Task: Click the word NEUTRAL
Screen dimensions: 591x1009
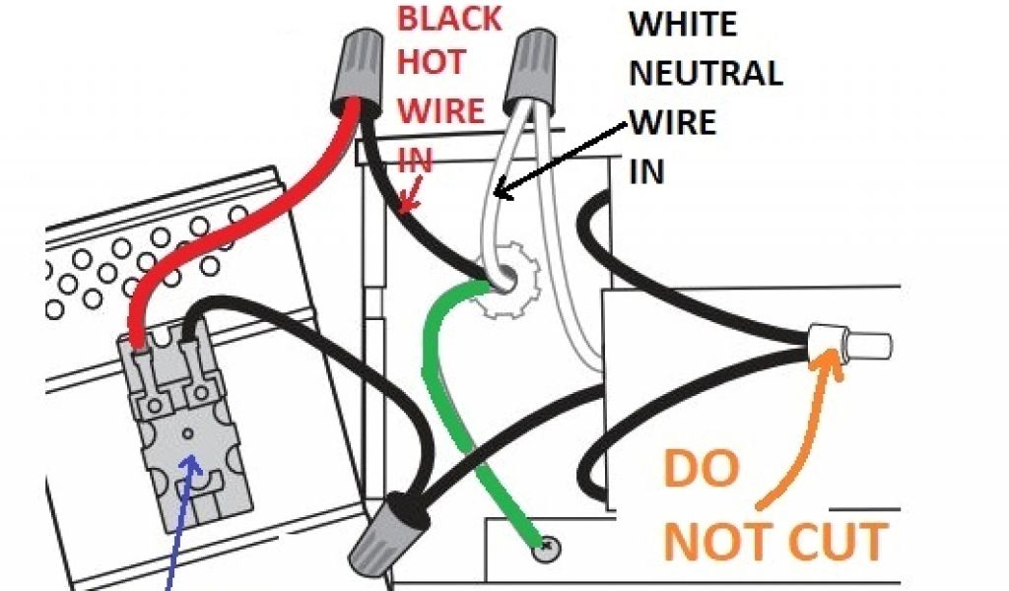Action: pyautogui.click(x=706, y=73)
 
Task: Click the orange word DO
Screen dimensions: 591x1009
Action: pyautogui.click(x=701, y=469)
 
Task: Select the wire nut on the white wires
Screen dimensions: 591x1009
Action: pyautogui.click(x=528, y=68)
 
